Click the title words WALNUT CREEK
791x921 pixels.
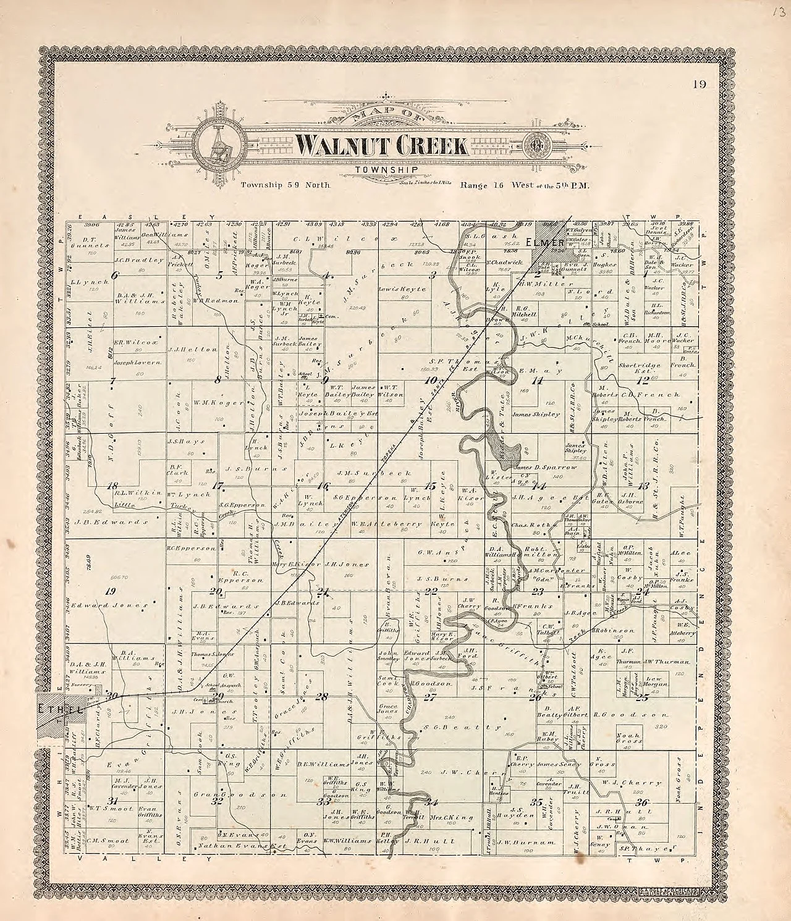point(382,146)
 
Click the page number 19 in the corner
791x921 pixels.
point(699,85)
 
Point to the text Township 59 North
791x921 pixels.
point(286,185)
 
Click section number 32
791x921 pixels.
point(217,802)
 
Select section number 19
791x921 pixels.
point(111,591)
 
